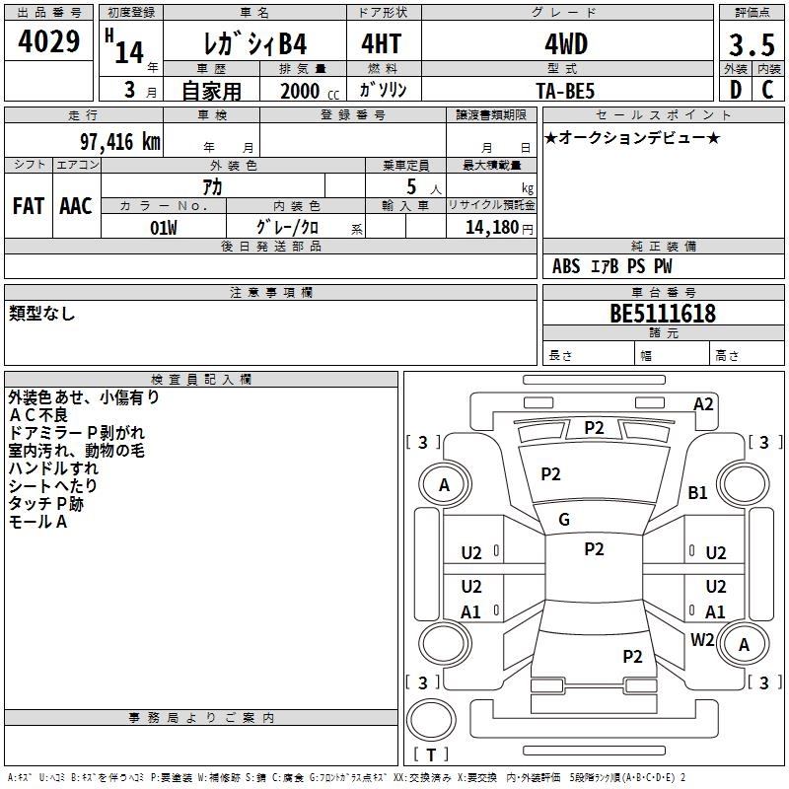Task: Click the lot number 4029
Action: [x=49, y=44]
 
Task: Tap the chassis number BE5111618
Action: [x=663, y=314]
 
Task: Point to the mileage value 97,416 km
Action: [x=113, y=141]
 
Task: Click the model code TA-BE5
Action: [x=565, y=91]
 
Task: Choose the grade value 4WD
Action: [x=565, y=45]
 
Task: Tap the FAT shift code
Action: [x=28, y=206]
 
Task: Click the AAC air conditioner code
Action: [x=76, y=206]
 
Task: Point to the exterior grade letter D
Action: [x=735, y=90]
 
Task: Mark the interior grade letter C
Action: [x=767, y=90]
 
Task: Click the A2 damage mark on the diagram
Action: [x=703, y=403]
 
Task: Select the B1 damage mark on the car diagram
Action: [x=698, y=492]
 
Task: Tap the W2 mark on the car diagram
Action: [x=702, y=639]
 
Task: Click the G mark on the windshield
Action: [x=564, y=520]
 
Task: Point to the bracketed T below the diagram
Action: [x=431, y=755]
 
